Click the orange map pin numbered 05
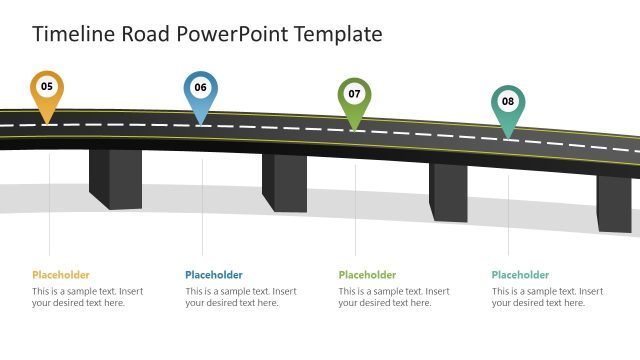[x=47, y=88]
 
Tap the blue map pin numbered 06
[x=200, y=89]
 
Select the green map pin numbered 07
[x=354, y=95]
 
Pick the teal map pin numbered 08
[x=508, y=102]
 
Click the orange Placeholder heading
[x=61, y=275]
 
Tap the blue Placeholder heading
[x=214, y=275]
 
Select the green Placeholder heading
[x=367, y=275]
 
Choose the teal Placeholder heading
[x=520, y=275]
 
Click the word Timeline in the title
[x=73, y=34]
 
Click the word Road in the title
[x=146, y=34]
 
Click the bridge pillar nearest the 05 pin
[x=115, y=178]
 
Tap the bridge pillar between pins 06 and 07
[x=284, y=182]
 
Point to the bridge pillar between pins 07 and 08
[x=448, y=191]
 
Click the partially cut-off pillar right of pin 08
[x=615, y=202]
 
